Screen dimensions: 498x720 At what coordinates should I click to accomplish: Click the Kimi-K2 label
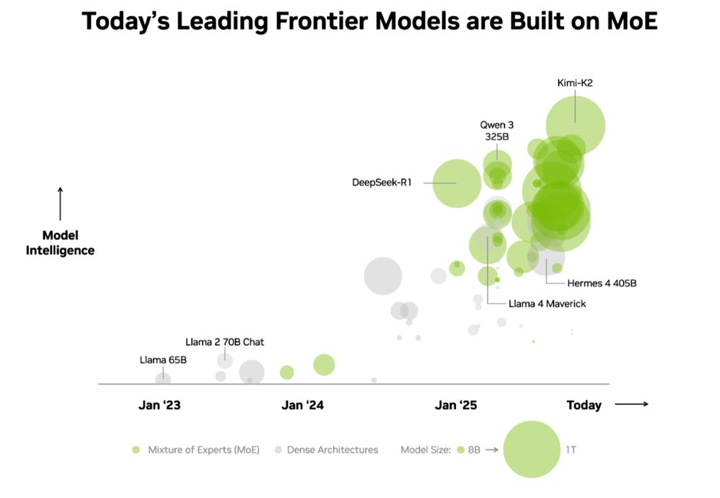point(574,83)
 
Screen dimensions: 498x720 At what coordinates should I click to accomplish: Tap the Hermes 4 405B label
point(602,284)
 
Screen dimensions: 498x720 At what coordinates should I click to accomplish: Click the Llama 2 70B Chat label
point(224,342)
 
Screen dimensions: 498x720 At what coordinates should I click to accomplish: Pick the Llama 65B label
point(163,359)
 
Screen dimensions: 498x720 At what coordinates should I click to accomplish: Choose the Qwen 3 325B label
point(497,130)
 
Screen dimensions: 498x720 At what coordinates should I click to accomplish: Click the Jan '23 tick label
point(159,405)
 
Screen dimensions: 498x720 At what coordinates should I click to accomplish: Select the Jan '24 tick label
point(302,405)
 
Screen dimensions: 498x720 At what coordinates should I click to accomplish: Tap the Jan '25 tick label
point(456,405)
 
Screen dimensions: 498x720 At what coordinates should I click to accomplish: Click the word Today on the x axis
point(584,405)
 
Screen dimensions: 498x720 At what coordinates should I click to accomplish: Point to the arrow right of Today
point(632,404)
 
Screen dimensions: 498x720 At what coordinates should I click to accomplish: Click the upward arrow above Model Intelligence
point(60,204)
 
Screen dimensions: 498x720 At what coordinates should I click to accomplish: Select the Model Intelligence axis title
point(60,243)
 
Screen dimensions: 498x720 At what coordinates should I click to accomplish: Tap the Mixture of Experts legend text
point(203,450)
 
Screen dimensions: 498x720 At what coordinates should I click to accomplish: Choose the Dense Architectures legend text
point(333,450)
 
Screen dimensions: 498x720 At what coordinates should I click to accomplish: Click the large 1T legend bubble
point(532,449)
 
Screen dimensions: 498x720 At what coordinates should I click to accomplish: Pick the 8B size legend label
point(473,450)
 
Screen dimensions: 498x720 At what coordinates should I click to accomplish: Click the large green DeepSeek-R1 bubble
point(457,183)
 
